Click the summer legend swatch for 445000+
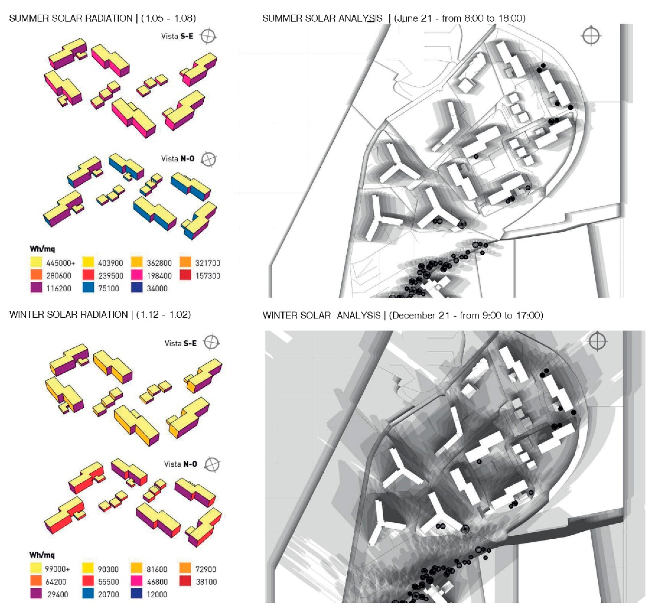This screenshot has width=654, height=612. point(36,262)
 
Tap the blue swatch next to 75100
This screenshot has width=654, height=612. point(88,288)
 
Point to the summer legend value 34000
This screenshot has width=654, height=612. point(157,288)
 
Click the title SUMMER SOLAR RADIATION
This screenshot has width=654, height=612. point(71,18)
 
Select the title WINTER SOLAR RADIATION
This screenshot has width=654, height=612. point(68,315)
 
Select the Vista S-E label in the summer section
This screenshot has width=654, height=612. point(177,36)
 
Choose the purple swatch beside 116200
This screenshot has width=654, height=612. point(36,288)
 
